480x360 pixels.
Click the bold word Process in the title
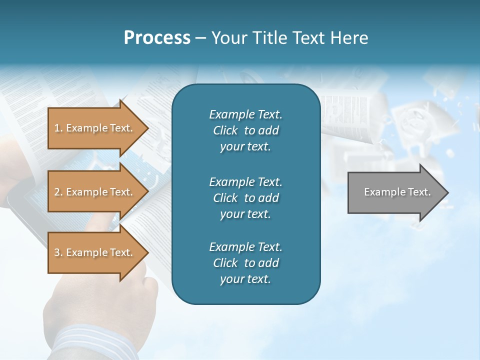click(157, 38)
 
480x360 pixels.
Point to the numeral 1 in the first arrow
click(57, 128)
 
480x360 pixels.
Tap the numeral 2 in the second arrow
click(57, 192)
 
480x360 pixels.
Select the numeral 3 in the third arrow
click(57, 252)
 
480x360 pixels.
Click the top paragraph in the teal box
click(245, 130)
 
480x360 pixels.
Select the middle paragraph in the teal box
click(245, 197)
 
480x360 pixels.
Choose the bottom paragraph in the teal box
click(245, 263)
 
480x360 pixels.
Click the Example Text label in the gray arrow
click(397, 192)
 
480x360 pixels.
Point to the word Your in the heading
click(230, 38)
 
